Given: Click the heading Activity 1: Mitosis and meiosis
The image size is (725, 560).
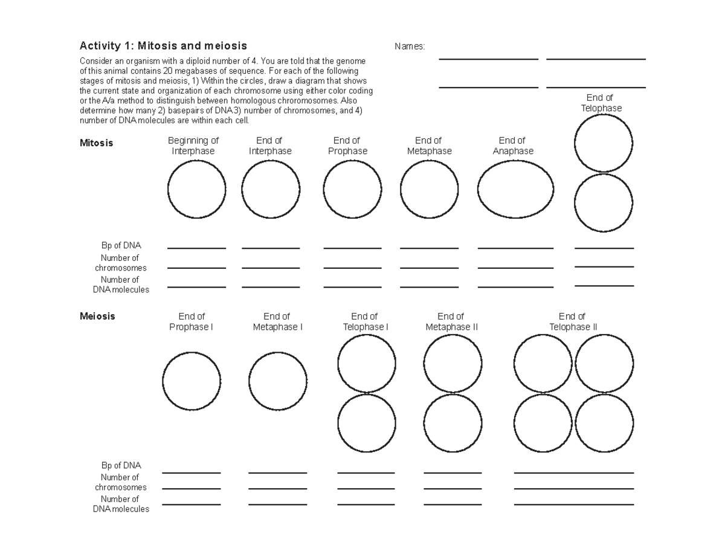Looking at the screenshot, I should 163,46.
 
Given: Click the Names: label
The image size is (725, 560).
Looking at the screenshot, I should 410,47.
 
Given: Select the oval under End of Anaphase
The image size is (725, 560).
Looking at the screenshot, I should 515,189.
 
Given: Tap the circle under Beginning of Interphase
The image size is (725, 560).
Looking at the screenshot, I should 197,189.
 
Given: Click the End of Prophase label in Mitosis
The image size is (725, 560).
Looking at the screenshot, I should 347,146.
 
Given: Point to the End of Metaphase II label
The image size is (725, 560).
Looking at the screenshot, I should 451,321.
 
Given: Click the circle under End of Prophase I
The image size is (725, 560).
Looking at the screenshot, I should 192,381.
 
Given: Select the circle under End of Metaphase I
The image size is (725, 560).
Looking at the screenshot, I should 278,381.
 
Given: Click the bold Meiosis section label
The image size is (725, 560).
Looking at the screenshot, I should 97,316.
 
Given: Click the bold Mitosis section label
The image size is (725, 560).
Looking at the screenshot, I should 96,143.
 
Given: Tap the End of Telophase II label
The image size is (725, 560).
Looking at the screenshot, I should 573,321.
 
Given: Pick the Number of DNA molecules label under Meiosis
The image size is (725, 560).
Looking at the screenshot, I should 121,504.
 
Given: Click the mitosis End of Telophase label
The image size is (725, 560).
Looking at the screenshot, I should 601,103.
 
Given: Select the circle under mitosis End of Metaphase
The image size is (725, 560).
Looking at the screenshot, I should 429,189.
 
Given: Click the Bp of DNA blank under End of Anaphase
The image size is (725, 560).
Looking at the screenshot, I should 515,248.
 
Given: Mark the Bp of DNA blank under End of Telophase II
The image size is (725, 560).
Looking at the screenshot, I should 573,472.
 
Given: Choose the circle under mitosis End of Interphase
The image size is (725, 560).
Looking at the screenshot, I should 271,189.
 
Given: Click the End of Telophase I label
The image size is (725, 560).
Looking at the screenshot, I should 366,321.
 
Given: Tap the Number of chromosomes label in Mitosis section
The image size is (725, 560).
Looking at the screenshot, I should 121,263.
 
